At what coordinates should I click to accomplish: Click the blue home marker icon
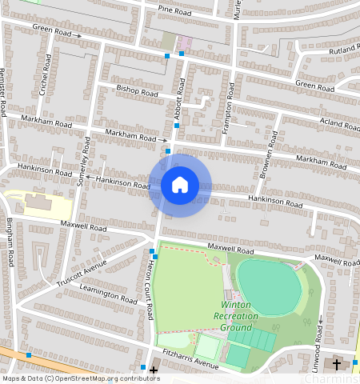coord(180,186)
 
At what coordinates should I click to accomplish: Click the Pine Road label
coord(174,12)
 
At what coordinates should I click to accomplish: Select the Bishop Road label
coord(138,91)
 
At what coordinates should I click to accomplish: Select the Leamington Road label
coord(107,294)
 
